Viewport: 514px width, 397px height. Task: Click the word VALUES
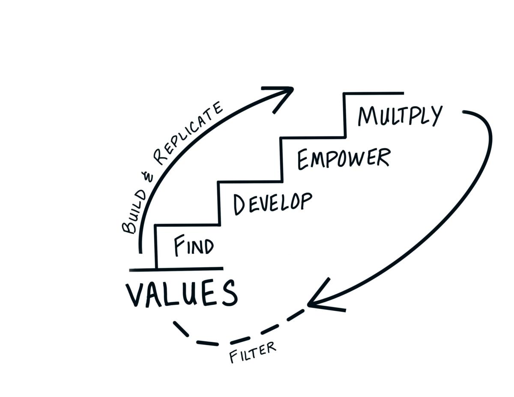181,294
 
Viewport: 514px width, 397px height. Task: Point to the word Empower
344,158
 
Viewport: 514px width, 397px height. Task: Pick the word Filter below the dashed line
253,352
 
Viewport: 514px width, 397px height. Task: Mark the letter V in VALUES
134,294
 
